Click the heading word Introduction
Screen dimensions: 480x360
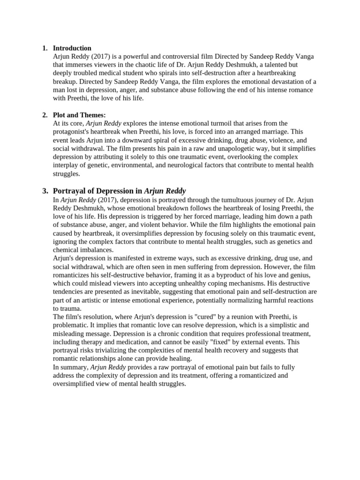point(72,48)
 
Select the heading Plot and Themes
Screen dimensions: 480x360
point(79,115)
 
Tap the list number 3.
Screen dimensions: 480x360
point(45,191)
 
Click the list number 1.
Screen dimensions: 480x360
point(45,48)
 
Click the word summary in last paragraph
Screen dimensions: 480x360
point(74,367)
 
